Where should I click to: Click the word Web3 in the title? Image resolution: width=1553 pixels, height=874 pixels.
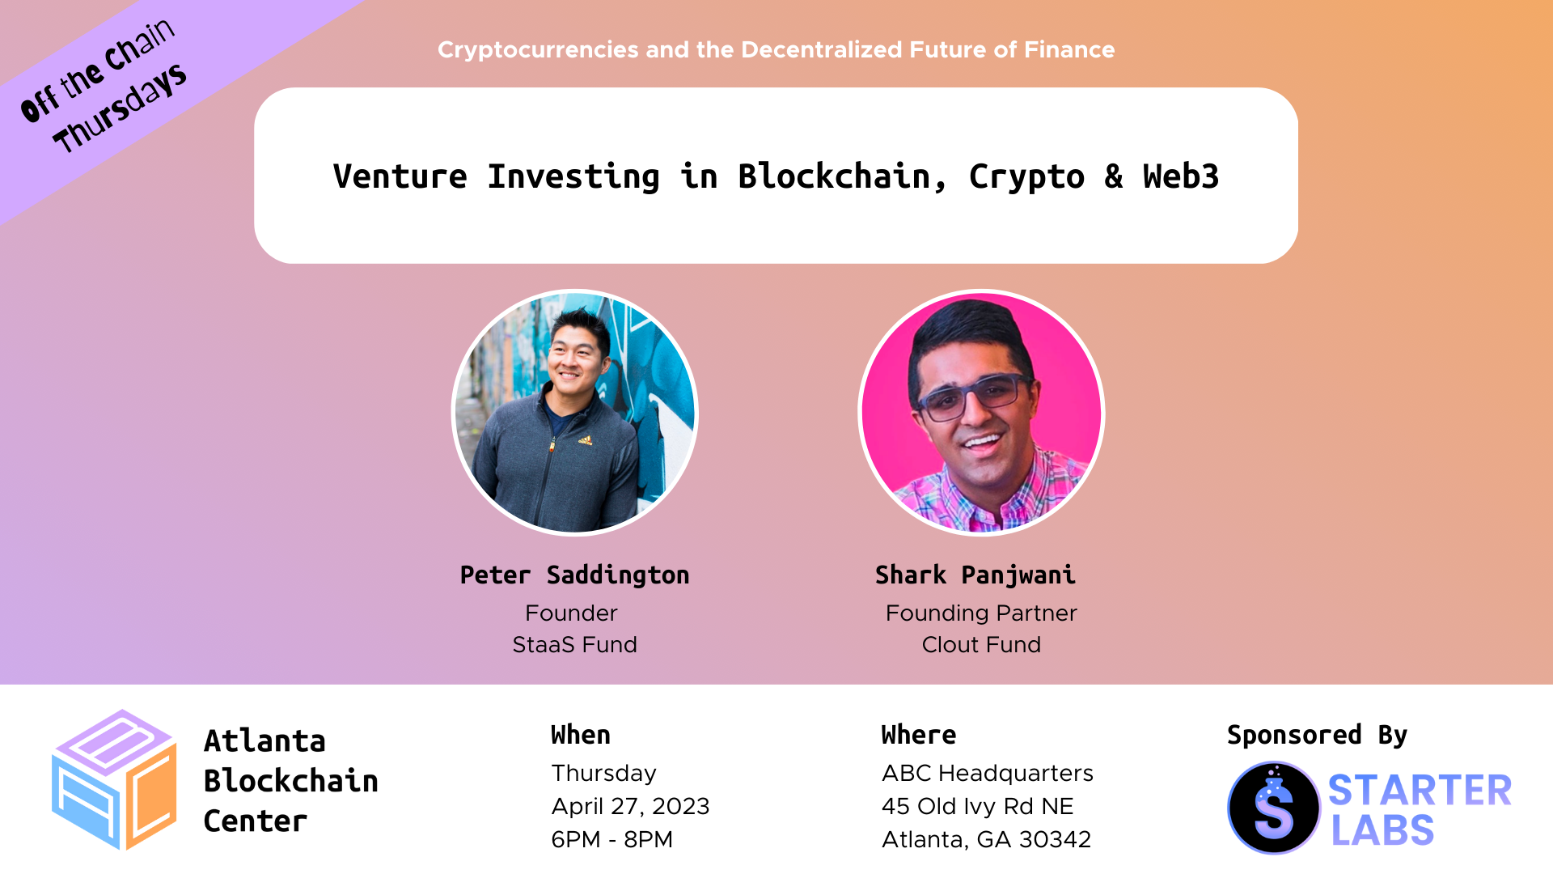click(x=1180, y=176)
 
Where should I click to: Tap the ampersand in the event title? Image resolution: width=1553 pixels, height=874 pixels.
click(x=1114, y=176)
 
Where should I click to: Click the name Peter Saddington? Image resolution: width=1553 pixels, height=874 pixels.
click(x=574, y=575)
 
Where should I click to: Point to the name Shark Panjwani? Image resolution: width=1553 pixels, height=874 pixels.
click(x=975, y=575)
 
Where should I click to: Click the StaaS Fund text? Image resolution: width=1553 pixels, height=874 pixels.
click(x=574, y=644)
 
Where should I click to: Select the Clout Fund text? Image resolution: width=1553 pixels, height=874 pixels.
click(x=981, y=644)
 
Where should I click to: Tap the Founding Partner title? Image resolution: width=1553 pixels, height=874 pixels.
click(x=981, y=613)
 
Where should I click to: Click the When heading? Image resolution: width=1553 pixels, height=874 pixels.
click(x=581, y=735)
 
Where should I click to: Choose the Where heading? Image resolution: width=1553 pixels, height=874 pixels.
click(x=919, y=735)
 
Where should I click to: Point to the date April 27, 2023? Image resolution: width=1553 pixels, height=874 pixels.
click(x=630, y=806)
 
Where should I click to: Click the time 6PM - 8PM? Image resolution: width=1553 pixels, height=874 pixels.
click(x=611, y=839)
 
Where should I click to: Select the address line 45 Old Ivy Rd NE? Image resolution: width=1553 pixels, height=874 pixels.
click(x=977, y=806)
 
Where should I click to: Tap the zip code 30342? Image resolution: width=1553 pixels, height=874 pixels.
click(x=1055, y=839)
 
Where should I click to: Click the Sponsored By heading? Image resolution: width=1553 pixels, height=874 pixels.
click(x=1317, y=735)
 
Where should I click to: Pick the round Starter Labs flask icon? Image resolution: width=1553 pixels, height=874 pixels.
click(x=1274, y=808)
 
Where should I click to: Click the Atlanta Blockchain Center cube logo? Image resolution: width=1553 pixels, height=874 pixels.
click(x=114, y=779)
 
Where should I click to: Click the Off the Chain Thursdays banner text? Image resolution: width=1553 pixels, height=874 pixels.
click(x=103, y=86)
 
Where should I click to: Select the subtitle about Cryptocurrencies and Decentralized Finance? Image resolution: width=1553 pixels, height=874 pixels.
click(x=776, y=49)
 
